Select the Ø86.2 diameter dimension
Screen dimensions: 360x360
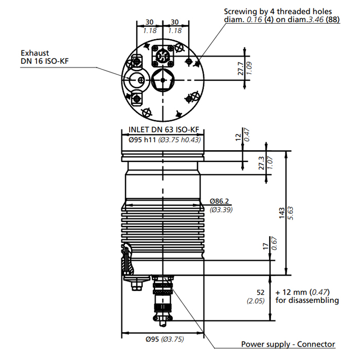pos(220,201)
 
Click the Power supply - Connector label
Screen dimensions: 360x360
pos(288,344)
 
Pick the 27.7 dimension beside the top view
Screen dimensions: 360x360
pos(241,69)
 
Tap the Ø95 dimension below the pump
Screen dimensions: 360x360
pos(152,339)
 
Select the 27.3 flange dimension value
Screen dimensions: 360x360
pos(261,163)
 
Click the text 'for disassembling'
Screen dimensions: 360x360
pos(307,300)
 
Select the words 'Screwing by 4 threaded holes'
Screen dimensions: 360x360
pos(278,11)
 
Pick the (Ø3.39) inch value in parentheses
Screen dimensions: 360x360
pos(221,210)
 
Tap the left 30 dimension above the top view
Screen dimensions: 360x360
pos(150,22)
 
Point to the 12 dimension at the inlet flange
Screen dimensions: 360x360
pos(238,137)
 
